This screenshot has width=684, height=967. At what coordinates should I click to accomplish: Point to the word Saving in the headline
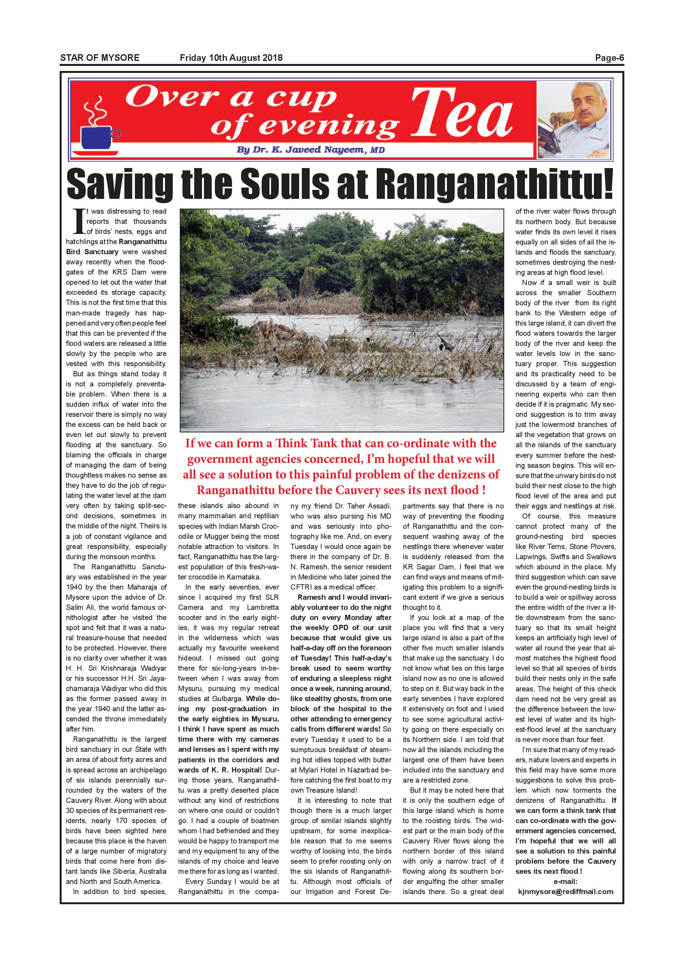tap(117, 184)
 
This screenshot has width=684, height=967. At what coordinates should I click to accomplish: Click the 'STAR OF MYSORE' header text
tap(100, 58)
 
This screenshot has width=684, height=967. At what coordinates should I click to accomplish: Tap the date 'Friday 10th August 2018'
tap(231, 58)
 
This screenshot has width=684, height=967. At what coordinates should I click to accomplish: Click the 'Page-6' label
tap(609, 58)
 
